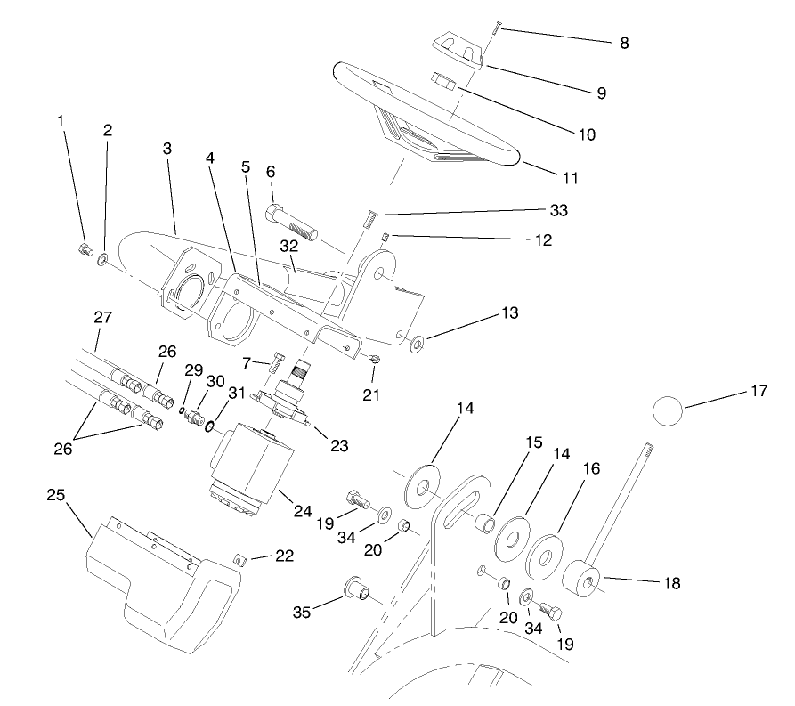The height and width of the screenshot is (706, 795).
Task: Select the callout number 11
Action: pos(571,177)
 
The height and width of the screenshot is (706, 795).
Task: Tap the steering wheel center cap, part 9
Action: pos(455,51)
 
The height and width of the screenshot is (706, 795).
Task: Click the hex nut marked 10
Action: pos(443,83)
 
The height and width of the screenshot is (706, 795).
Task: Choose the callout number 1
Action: pos(61,120)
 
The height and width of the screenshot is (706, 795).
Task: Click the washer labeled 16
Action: pos(545,555)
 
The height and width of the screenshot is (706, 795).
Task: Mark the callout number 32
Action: pos(288,245)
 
